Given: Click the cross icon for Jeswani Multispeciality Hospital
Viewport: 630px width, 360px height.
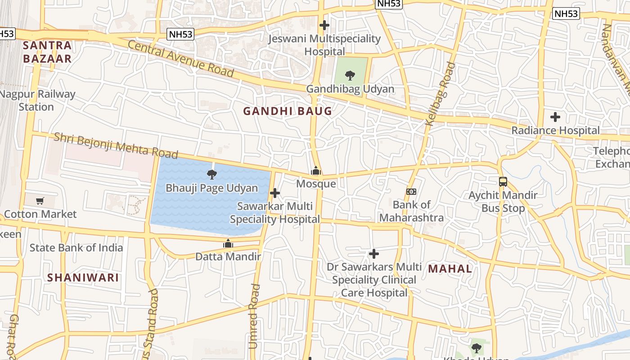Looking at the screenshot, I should [324, 25].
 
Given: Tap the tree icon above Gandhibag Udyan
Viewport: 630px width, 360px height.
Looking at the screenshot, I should [350, 76].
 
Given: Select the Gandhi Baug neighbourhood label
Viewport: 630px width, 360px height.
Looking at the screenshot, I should [288, 111].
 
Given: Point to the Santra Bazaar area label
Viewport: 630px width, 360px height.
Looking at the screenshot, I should [47, 52].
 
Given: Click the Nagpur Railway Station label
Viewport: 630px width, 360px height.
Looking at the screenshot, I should [37, 100].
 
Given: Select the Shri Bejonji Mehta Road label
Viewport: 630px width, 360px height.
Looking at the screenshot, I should [116, 145].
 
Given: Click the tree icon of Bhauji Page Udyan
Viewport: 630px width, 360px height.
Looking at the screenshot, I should [211, 175].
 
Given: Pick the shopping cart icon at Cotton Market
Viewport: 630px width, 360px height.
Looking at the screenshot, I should [40, 201].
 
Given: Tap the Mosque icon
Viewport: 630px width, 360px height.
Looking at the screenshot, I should [316, 171].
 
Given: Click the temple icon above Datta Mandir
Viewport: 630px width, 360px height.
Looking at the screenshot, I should [228, 244].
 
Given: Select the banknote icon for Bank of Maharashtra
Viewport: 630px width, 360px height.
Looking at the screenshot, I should [411, 192].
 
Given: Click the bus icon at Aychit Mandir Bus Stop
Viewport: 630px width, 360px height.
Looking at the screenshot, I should [503, 182].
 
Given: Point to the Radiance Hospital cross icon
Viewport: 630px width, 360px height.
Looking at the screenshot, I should [555, 117].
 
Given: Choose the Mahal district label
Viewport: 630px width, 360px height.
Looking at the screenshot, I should [450, 269].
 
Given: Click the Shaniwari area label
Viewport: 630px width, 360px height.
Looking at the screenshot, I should [83, 278].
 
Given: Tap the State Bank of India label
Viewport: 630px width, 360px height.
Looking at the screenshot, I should [76, 247].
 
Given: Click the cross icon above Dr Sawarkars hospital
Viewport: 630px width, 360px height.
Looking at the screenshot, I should [373, 254].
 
